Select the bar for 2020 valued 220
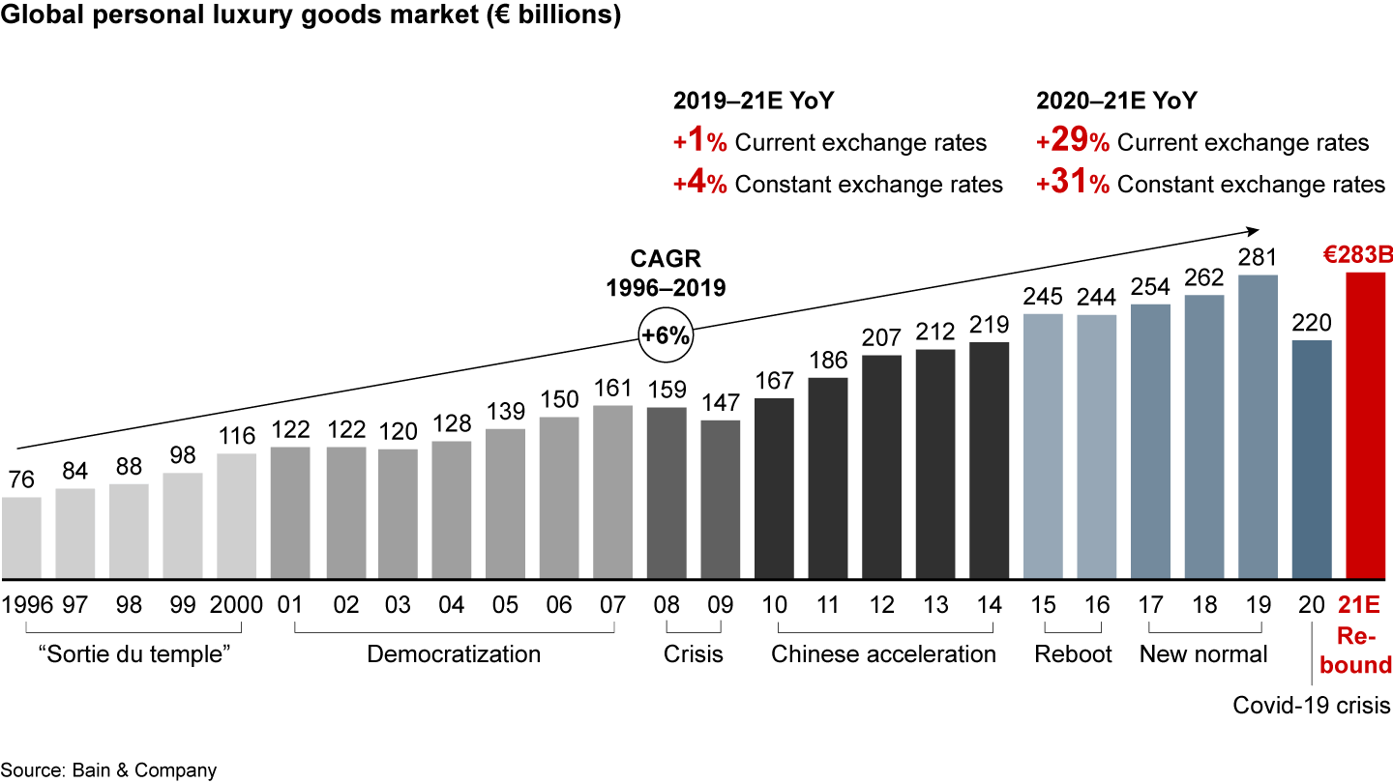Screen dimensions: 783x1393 [1311, 459]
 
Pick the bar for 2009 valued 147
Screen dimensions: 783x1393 [720, 500]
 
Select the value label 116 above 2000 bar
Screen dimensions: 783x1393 [236, 435]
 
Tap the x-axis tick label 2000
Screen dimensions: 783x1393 [236, 605]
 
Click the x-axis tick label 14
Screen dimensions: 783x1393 [989, 605]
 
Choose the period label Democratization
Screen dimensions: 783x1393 [454, 654]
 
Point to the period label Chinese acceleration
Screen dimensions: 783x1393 [883, 654]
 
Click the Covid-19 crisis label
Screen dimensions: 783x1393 [1311, 706]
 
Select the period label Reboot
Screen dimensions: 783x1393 [1073, 654]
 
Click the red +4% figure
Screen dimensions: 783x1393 [699, 183]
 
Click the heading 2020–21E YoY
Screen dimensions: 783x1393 [1115, 101]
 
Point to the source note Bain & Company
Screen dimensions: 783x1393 [108, 770]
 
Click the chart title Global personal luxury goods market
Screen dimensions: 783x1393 [310, 16]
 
